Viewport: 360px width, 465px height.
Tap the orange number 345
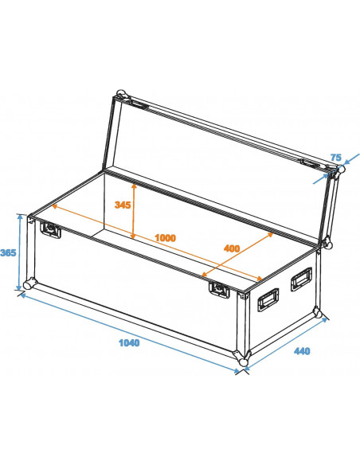coord(122,205)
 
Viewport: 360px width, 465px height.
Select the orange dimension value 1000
coord(166,237)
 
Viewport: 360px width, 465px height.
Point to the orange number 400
coord(232,248)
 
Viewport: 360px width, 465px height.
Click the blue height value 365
coord(8,253)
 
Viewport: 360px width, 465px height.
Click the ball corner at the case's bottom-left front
coord(29,284)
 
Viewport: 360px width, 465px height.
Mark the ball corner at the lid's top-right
coord(338,170)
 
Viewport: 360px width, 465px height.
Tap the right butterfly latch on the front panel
coord(217,288)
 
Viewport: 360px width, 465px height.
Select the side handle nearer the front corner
coord(267,300)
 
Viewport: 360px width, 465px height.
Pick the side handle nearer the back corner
coord(302,278)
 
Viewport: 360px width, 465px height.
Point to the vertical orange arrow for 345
coord(134,211)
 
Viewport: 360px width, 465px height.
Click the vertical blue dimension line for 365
coord(20,252)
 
